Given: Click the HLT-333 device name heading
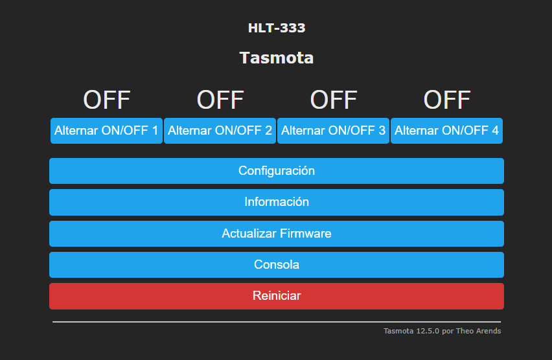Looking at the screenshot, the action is click(277, 28).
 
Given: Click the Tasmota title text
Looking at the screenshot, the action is click(277, 58).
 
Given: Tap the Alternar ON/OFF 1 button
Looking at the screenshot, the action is click(106, 131).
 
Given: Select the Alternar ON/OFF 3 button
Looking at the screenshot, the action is click(333, 131).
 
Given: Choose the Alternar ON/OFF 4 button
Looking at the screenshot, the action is click(446, 131).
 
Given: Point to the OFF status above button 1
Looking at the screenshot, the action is click(106, 100).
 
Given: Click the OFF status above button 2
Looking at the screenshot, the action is click(220, 100).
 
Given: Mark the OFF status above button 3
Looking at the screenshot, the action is click(334, 100).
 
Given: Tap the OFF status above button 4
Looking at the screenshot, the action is click(447, 100).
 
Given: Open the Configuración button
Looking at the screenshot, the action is click(277, 171).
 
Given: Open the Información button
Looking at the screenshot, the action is click(277, 202).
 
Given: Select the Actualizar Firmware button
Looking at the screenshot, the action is click(277, 234).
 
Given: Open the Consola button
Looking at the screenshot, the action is click(277, 265).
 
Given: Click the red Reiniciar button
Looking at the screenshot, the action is click(277, 296).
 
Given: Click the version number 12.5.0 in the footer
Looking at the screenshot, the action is click(428, 331).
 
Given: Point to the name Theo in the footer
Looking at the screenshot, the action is click(463, 331).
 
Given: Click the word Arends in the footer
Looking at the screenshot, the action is click(487, 331).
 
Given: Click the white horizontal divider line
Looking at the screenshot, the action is click(277, 322).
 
